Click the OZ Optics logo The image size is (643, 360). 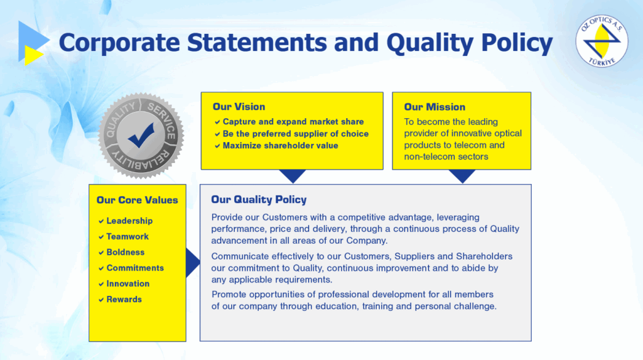coord(602,41)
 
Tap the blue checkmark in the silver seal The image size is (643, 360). coord(141,135)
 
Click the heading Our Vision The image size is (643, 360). coord(239,107)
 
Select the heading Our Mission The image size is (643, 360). coord(435,107)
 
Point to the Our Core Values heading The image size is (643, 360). coord(138,200)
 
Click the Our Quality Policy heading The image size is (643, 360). coord(259,200)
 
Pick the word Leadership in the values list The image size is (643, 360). coord(129,221)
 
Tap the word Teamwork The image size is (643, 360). coord(127,236)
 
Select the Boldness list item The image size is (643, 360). coord(126,252)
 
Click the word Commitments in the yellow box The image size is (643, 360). coord(136,268)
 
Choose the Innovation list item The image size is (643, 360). coord(128,283)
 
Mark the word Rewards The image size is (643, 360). coord(124,299)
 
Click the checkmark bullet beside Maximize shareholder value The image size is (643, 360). coord(217,146)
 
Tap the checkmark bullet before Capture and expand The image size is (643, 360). coord(217,122)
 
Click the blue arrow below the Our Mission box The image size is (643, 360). coord(462,175)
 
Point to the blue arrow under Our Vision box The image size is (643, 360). coord(293,175)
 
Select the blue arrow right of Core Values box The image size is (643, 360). coord(192,263)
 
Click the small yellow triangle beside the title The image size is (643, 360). coord(33,55)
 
